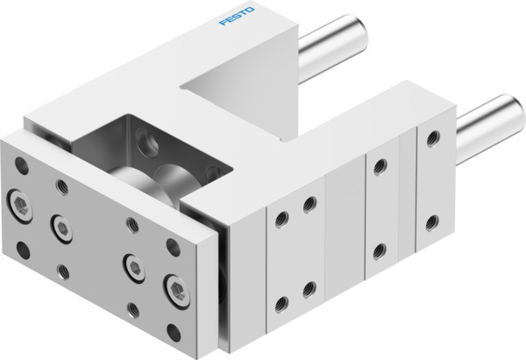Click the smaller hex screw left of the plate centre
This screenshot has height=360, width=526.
pyautogui.click(x=60, y=226)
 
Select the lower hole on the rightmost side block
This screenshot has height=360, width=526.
pyautogui.click(x=431, y=221)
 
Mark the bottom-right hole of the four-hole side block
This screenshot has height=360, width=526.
pyautogui.click(x=308, y=288)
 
